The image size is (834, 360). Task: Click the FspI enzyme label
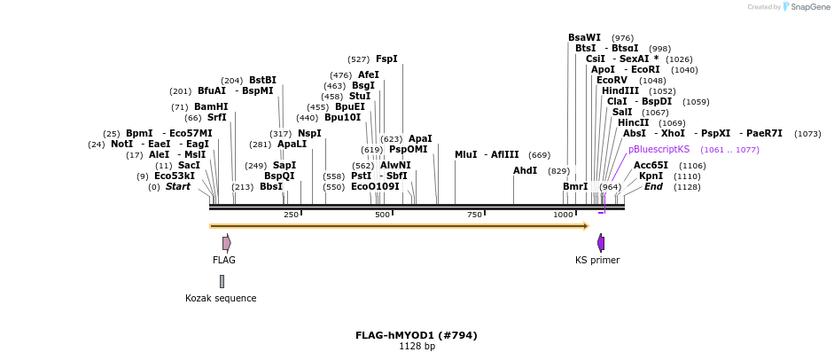[x=386, y=59]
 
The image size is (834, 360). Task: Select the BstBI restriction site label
[x=262, y=80]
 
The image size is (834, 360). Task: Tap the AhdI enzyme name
[x=525, y=170]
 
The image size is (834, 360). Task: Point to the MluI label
[x=465, y=154]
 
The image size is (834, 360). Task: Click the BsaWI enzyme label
[x=584, y=37]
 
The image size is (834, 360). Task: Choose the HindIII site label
[x=620, y=90]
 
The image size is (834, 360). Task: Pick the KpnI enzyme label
[x=651, y=176]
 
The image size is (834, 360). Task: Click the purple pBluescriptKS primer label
[x=659, y=149]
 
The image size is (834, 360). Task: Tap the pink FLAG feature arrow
[x=227, y=243]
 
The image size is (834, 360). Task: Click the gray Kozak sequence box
[x=222, y=281]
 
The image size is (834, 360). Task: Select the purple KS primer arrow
[x=601, y=243]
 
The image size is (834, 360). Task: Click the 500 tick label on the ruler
[x=382, y=215]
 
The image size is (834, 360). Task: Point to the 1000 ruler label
[x=563, y=215]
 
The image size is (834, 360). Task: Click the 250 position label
[x=291, y=215]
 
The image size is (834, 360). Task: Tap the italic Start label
[x=177, y=186]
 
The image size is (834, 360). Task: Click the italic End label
[x=653, y=186]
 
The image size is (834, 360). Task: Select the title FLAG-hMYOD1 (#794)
[x=416, y=335]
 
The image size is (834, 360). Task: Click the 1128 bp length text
[x=417, y=346]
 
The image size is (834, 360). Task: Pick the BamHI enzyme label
[x=211, y=106]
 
